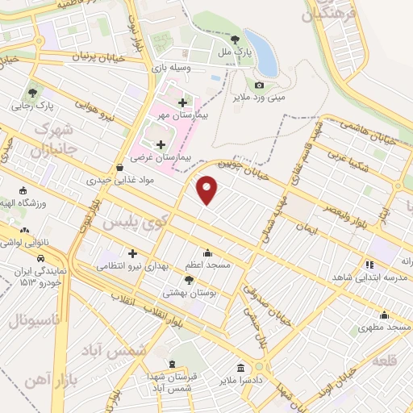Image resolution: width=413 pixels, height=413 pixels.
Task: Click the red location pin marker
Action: coord(208,189)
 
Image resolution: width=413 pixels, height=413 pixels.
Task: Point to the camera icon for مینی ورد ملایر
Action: coord(259,85)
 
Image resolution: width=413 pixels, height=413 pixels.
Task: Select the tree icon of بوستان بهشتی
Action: coord(189,280)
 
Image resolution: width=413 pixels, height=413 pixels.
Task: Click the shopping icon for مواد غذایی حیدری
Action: coord(120,168)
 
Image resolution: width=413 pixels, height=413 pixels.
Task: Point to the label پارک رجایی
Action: coord(32,105)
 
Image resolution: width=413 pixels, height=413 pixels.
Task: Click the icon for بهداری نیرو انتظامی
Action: coord(133,254)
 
